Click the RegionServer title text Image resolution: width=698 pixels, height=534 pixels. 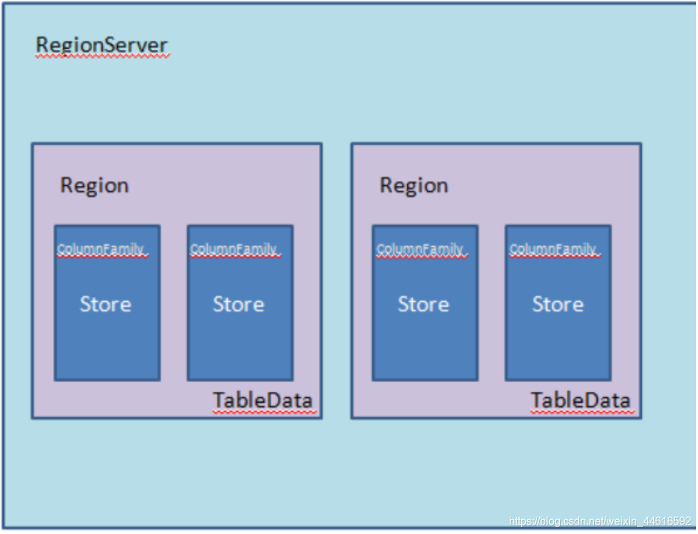102,46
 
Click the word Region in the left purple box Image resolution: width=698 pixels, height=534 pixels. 94,186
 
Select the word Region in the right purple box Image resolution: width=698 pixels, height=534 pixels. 413,186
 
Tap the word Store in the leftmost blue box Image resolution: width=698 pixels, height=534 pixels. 105,304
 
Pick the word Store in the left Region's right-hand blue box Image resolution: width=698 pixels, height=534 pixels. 238,304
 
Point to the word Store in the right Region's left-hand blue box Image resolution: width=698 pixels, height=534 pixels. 423,304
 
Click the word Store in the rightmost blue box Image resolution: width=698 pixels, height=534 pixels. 558,304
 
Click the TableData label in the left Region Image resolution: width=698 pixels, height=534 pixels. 263,400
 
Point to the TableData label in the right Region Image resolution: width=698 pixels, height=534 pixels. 581,400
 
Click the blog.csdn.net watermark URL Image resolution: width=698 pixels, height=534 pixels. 600,521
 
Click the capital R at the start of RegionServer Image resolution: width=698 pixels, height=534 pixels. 42,45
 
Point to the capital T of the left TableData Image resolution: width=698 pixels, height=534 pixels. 219,400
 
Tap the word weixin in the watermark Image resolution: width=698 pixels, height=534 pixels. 620,521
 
